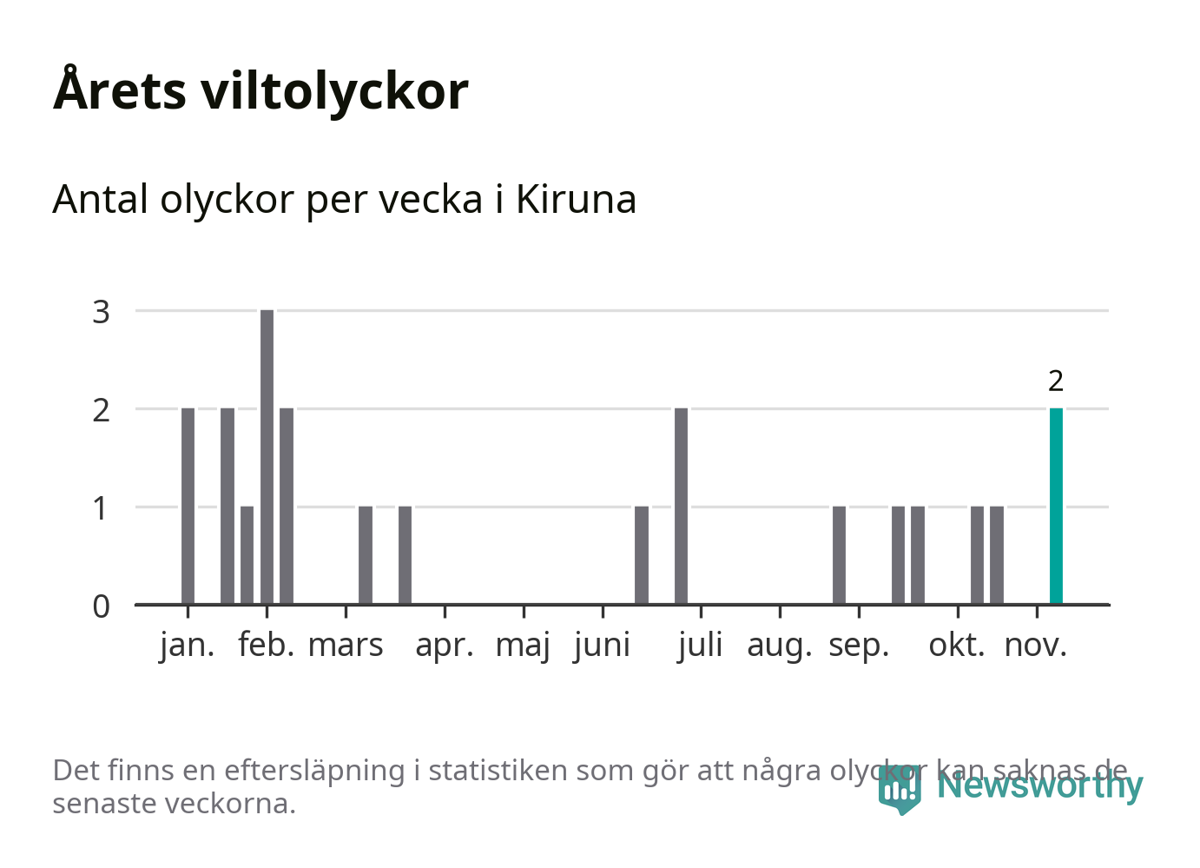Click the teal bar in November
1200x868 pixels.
point(1056,506)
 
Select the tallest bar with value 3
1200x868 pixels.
point(267,456)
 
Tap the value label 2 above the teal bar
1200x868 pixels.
point(1056,381)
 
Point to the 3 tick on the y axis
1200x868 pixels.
point(102,311)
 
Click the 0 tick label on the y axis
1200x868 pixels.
point(102,606)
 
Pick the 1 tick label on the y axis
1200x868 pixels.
point(102,507)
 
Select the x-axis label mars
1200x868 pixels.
point(346,646)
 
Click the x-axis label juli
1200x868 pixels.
point(700,646)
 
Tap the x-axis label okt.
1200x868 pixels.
point(957,646)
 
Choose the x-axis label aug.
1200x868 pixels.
point(779,646)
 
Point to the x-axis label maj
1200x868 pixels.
point(523,646)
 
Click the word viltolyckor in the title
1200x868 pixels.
point(334,90)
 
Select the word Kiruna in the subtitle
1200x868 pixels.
point(576,199)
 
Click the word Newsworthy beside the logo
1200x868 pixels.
point(1039,785)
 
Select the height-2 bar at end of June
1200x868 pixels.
point(681,506)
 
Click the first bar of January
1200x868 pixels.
point(188,506)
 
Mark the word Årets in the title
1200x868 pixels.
point(120,90)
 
